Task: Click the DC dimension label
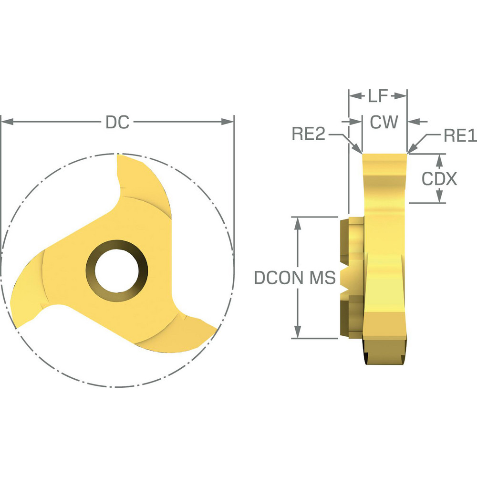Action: click(x=117, y=123)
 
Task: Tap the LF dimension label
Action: click(x=378, y=96)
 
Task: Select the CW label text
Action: click(x=384, y=123)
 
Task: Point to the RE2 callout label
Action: click(x=308, y=135)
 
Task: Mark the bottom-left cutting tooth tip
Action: click(x=18, y=326)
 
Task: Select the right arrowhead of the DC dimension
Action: click(x=229, y=123)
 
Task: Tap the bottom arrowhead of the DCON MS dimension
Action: click(x=298, y=334)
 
